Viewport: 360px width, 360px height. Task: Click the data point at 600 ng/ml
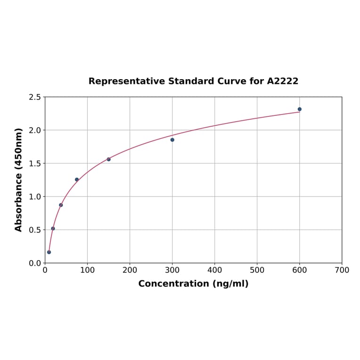click(x=299, y=109)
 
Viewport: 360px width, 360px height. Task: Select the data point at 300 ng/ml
click(x=172, y=140)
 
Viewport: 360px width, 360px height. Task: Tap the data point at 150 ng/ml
click(x=108, y=159)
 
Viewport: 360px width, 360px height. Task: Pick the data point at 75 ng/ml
click(x=77, y=180)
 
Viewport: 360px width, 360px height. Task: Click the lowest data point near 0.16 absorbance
click(x=49, y=252)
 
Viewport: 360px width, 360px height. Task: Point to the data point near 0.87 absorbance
click(x=61, y=205)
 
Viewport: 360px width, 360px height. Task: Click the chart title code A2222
click(x=283, y=81)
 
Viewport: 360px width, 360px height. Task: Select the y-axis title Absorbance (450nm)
click(x=19, y=180)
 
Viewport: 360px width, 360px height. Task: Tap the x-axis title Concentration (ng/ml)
click(x=193, y=284)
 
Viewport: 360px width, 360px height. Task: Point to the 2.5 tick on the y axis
click(x=35, y=97)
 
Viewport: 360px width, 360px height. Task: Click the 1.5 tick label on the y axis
click(x=35, y=164)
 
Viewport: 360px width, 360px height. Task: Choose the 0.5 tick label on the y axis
click(x=35, y=230)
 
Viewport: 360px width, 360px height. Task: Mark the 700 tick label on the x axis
click(x=342, y=270)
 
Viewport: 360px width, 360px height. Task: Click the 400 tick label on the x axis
click(x=214, y=270)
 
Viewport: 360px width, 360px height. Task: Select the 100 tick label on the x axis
click(x=87, y=270)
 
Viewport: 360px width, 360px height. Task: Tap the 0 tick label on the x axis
click(x=45, y=270)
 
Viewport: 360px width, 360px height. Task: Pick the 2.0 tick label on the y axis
click(x=35, y=130)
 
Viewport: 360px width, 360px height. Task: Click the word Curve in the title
click(x=232, y=81)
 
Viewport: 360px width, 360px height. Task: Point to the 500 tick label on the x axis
click(x=257, y=270)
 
